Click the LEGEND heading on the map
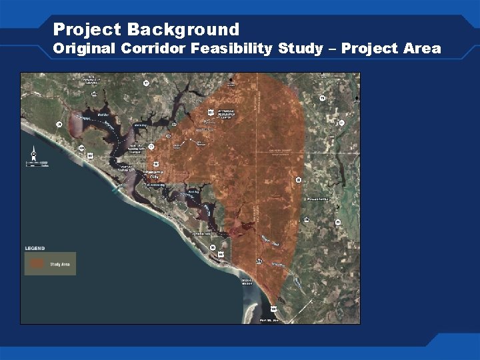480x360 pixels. click(35, 248)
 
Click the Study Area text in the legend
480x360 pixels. click(60, 265)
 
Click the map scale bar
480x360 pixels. click(37, 163)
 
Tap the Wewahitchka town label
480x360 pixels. click(318, 198)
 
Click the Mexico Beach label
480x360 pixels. click(247, 282)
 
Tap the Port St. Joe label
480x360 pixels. click(269, 321)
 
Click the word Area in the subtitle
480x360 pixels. click(421, 49)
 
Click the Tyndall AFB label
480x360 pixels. click(203, 234)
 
